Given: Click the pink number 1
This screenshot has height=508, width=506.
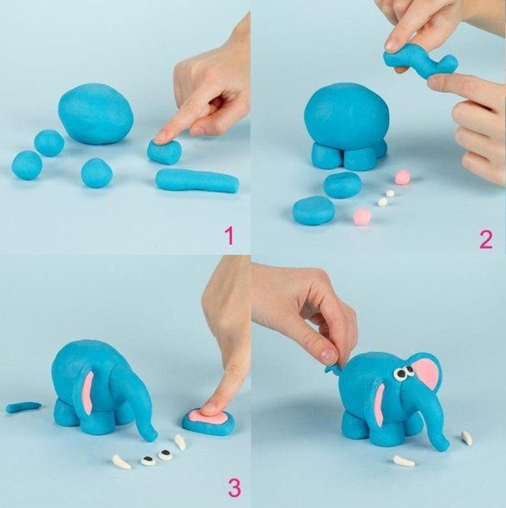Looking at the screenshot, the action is pos(230,236).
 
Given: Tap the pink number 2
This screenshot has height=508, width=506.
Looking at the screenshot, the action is pos(485,239).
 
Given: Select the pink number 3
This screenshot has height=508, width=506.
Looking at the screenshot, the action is pos(234,488).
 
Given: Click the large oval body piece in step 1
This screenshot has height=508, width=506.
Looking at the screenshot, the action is pos(96,114).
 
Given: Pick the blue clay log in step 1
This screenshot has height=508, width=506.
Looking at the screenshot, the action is pos(198,181).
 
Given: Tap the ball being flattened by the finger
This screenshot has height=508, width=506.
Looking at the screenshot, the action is pos(164,152).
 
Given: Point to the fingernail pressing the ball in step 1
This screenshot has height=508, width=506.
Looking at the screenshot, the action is pos(160,139).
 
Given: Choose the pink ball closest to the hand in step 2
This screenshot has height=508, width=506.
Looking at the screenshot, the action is pos(403,177).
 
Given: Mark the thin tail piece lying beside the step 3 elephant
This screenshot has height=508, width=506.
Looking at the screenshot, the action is pos(23,407).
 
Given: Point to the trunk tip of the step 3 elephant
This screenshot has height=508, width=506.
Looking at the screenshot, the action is pos(152,436).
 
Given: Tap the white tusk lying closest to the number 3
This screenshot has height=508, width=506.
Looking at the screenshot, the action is pos(180,443).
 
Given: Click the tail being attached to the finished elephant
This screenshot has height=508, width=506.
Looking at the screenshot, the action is pos(332,368).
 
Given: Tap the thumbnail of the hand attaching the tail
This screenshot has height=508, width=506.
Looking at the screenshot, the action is pos(329,356).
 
